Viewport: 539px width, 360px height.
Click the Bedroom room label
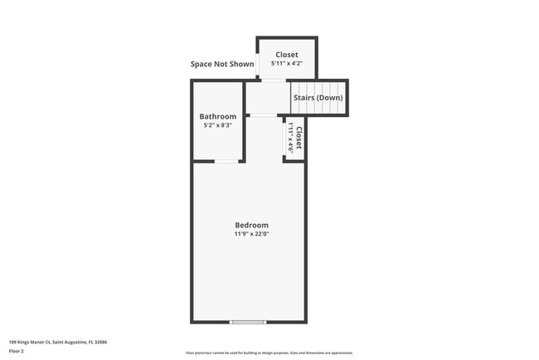251,225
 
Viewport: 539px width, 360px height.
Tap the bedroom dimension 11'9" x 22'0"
251,234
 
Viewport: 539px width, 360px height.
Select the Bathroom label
218,116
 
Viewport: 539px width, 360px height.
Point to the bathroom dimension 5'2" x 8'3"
218,125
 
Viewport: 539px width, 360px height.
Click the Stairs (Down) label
318,98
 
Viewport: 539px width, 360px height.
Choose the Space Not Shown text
222,64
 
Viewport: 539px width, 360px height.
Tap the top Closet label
287,55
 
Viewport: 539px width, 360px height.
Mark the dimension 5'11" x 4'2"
287,64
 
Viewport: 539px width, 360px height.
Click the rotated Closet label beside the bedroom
299,138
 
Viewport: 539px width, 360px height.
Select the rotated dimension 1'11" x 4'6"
290,138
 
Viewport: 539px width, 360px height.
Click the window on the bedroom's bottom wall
248,322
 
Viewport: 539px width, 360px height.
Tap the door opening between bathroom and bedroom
223,161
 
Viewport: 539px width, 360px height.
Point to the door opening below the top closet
274,80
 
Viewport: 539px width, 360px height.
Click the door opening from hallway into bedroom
265,115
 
